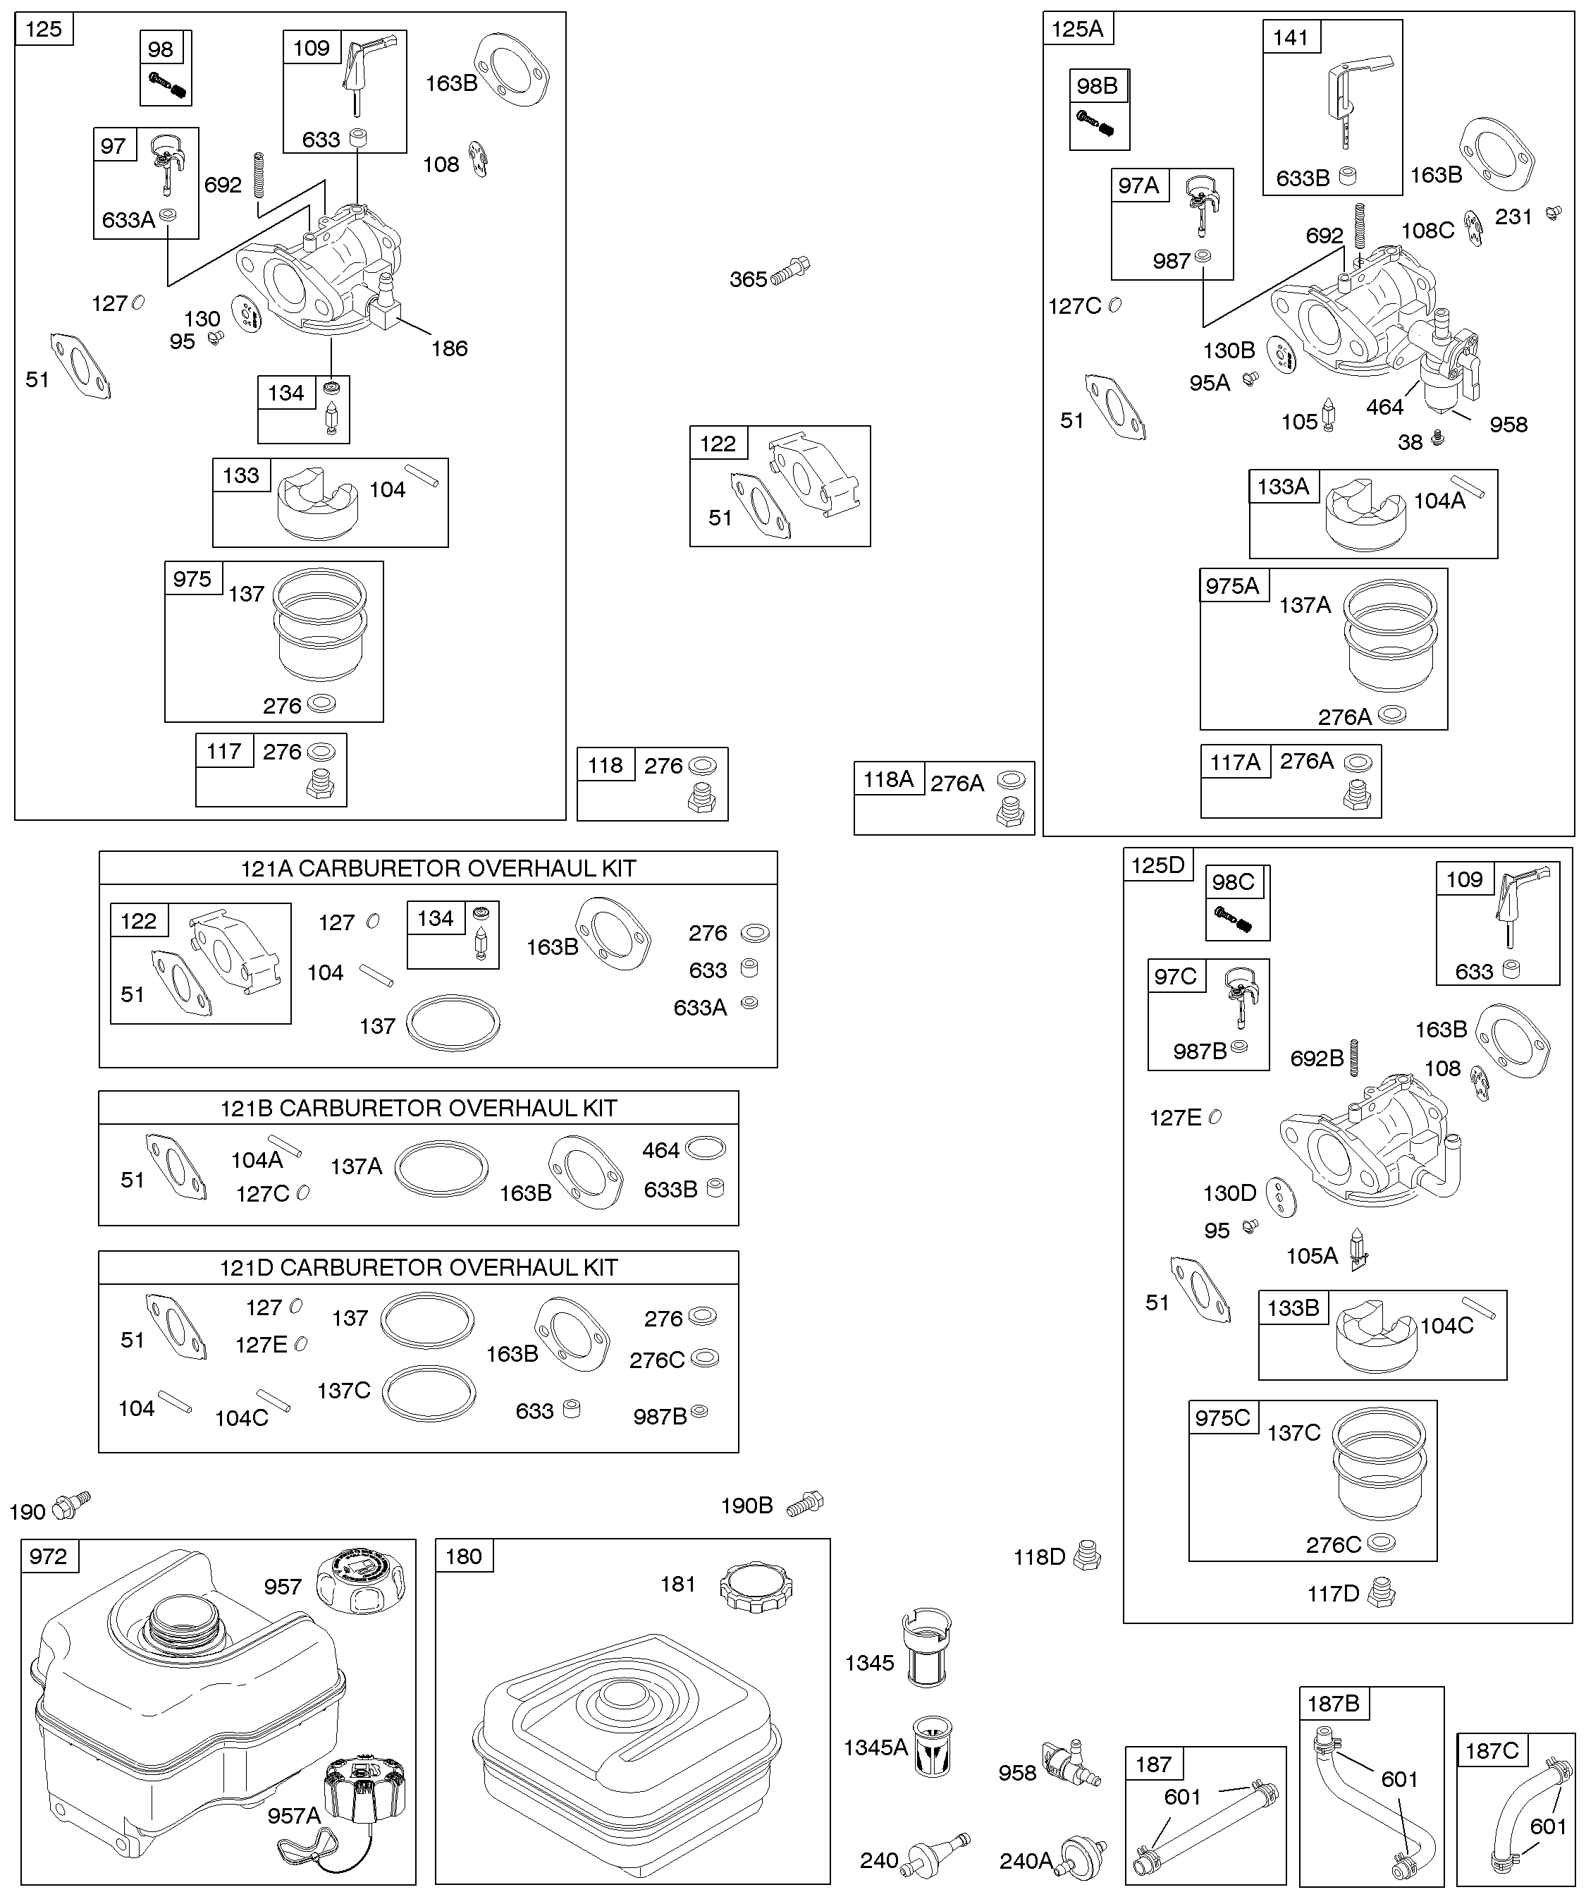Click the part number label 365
pyautogui.click(x=748, y=279)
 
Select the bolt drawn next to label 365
pyautogui.click(x=790, y=271)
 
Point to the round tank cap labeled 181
pyautogui.click(x=756, y=1586)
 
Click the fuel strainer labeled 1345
pyautogui.click(x=926, y=1647)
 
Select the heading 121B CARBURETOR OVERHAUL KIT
pyautogui.click(x=419, y=1108)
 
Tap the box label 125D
pyautogui.click(x=1157, y=865)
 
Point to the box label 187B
pyautogui.click(x=1332, y=1704)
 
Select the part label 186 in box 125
pyautogui.click(x=450, y=348)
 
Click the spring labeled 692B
pyautogui.click(x=1355, y=1057)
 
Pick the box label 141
pyautogui.click(x=1291, y=37)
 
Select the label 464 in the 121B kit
pyautogui.click(x=660, y=1151)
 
